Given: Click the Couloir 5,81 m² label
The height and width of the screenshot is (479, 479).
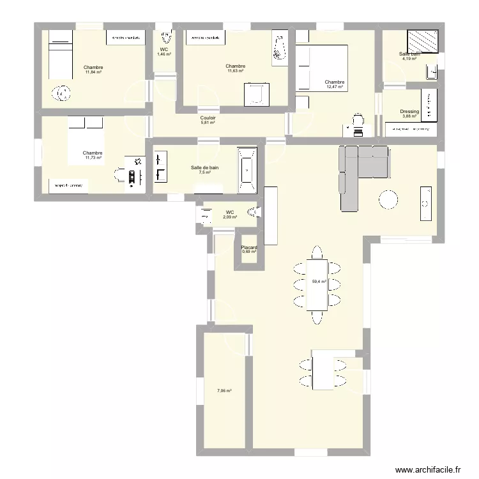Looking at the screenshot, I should point(208,120).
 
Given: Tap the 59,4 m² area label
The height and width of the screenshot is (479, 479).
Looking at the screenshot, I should point(319,281).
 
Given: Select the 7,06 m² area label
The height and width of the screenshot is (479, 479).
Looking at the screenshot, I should point(224,391).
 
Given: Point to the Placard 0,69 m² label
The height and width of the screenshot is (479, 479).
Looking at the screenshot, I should point(249,250).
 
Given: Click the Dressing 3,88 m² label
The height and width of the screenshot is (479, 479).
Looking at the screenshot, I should point(409,114).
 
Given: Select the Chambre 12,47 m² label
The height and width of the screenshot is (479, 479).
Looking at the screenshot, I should point(335,84).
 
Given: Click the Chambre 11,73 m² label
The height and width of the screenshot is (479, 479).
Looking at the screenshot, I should point(93,155).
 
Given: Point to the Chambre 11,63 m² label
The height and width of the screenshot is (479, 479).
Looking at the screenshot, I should point(236,68).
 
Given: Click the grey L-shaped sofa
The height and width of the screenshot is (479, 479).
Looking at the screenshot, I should point(358,172).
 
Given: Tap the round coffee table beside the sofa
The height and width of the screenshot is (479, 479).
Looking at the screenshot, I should point(390,200).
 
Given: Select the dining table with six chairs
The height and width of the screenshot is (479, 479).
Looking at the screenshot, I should point(317,284).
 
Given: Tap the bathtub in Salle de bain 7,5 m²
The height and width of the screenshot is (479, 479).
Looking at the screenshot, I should point(247,169).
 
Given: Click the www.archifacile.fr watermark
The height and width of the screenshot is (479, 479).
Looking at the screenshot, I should point(428,469).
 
